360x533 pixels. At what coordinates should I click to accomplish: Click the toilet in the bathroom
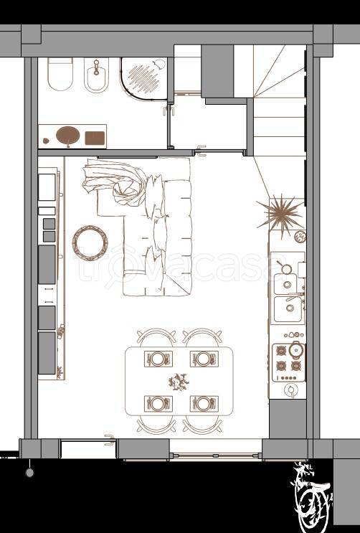tap(60, 74)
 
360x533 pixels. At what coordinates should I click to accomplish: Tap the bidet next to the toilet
tap(96, 75)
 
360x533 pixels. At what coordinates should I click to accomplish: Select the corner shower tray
tap(143, 78)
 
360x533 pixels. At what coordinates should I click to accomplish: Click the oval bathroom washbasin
tap(68, 135)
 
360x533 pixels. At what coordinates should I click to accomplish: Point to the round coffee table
tap(90, 242)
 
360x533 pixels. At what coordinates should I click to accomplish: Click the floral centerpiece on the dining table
tap(179, 382)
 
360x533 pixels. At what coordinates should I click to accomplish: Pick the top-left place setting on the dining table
tap(158, 359)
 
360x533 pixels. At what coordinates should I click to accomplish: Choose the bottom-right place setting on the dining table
tap(204, 403)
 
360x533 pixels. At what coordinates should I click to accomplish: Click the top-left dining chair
tap(156, 336)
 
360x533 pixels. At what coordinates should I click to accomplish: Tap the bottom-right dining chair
tap(202, 425)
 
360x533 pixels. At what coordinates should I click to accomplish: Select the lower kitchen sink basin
tap(288, 309)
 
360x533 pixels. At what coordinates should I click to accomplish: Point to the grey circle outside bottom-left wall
tap(30, 473)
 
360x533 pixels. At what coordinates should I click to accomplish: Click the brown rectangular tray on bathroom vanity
tap(95, 138)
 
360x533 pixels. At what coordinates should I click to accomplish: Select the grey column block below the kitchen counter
tap(288, 419)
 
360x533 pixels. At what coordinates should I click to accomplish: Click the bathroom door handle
tap(169, 110)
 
